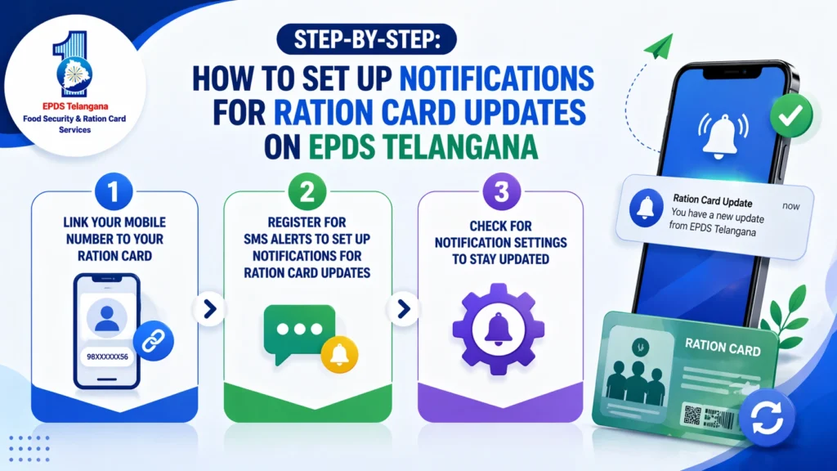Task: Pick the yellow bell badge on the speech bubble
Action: [336, 352]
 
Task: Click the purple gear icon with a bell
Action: [498, 328]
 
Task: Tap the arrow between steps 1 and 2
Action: [210, 308]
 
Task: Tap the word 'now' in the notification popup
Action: [790, 206]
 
